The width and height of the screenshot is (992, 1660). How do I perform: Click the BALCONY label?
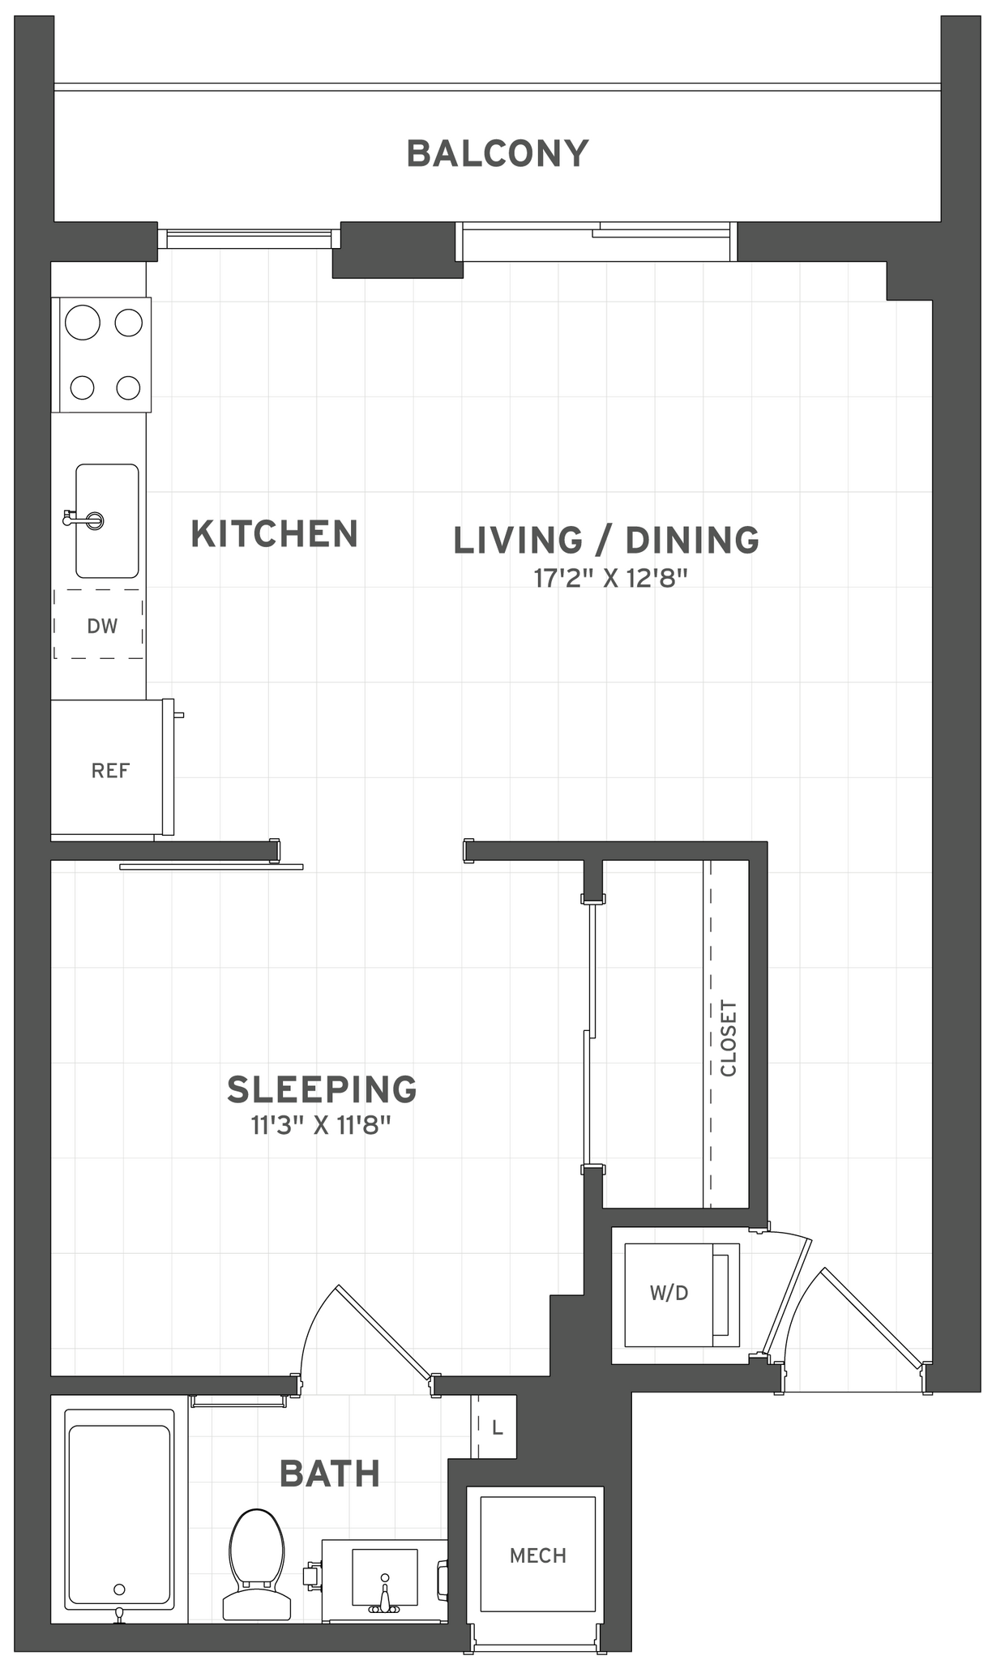tap(497, 154)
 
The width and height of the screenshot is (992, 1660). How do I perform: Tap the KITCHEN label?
tap(274, 534)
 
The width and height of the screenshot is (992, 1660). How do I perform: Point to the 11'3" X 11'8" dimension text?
tap(321, 1126)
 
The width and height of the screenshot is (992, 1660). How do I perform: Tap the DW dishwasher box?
tap(100, 625)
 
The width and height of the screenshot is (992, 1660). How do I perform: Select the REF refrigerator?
tap(109, 770)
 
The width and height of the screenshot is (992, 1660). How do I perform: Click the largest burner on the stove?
tap(82, 323)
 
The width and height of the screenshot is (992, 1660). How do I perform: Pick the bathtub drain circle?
tap(120, 1589)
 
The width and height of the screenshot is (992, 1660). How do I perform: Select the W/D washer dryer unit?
tap(669, 1294)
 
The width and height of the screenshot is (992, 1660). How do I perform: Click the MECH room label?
tap(537, 1555)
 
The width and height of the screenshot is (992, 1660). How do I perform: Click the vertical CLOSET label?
tap(729, 1038)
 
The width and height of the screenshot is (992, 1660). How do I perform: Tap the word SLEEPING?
tap(321, 1090)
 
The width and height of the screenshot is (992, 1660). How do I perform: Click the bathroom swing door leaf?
tap(383, 1332)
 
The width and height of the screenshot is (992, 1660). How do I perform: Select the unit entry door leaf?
tap(872, 1317)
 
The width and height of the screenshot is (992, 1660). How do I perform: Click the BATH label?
tap(329, 1474)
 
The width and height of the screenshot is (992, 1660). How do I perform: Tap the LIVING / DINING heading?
tap(605, 541)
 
